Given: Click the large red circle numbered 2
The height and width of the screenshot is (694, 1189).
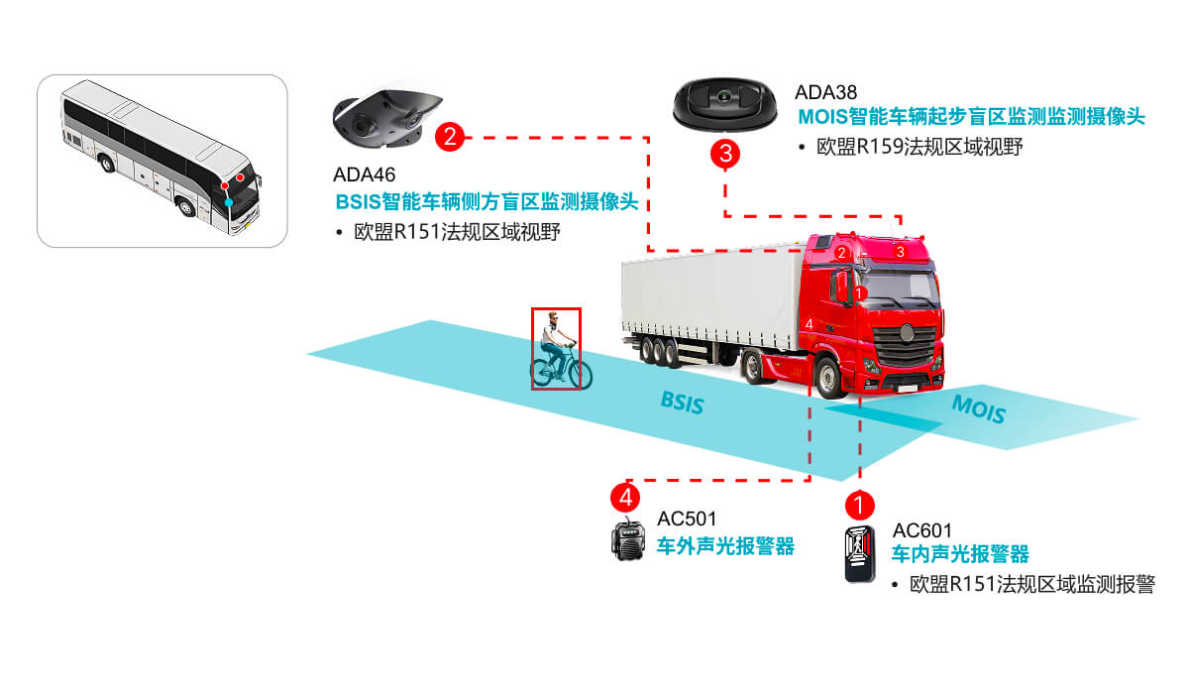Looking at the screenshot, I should tap(450, 137).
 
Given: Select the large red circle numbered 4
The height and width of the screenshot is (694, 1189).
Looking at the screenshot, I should tap(624, 494).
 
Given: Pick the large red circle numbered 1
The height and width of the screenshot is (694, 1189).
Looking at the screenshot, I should tap(859, 504).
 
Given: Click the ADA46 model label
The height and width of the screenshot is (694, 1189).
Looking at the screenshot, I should tap(364, 176).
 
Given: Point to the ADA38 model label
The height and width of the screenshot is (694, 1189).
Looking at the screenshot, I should tap(825, 93).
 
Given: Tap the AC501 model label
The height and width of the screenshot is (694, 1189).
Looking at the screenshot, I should tap(687, 519).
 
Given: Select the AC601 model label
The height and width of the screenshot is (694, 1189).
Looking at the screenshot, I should tap(921, 530).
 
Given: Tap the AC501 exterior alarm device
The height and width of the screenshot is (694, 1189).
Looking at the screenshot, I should tap(627, 540).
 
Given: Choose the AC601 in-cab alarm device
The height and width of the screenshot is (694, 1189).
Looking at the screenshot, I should tap(859, 554).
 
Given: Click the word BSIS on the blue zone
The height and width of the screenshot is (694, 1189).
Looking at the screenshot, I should tap(682, 403).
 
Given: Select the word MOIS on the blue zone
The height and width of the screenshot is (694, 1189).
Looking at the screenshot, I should tap(978, 408).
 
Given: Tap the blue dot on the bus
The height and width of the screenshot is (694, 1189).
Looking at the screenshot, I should tap(229, 201).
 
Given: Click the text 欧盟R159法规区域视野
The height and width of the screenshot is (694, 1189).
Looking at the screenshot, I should tap(919, 147).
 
